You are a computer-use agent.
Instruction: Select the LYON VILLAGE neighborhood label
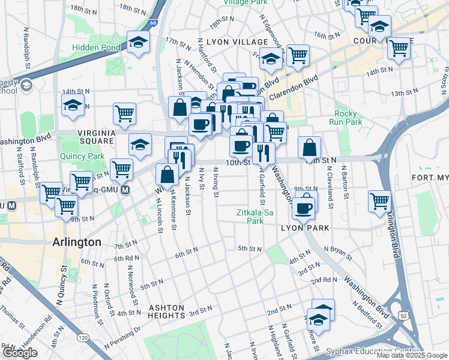237,42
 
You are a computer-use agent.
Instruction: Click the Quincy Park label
82,155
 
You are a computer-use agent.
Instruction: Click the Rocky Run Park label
349,118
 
